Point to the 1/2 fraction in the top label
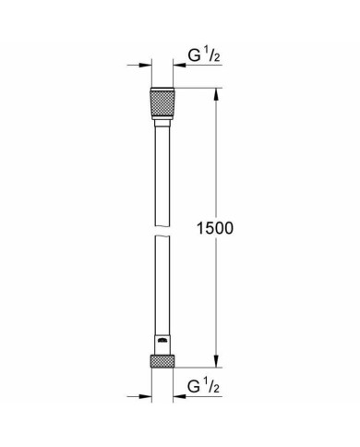click(x=210, y=57)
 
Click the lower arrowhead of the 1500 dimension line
click(x=216, y=365)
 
